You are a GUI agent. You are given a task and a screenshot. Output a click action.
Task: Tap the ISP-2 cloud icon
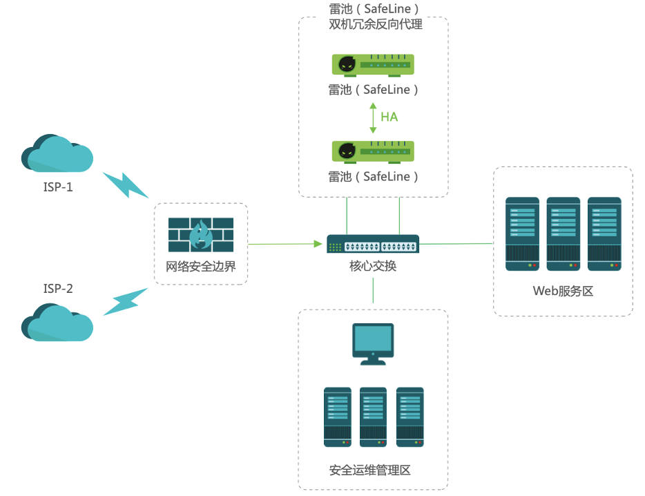point(57,323)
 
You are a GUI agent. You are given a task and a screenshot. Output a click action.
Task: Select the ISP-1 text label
point(58,187)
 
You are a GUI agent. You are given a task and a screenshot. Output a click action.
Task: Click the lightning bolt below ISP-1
point(126,185)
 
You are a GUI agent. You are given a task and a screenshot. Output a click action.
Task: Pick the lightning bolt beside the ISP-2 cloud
point(126,302)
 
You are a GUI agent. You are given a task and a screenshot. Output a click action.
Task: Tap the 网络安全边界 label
point(201,266)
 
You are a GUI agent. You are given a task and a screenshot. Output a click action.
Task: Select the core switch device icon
point(373,244)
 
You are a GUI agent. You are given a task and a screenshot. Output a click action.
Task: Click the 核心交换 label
point(373,266)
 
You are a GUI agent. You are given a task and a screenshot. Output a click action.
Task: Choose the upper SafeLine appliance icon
point(373,65)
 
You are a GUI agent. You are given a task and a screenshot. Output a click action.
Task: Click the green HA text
point(389,117)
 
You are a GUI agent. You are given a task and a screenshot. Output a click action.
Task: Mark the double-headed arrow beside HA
point(373,117)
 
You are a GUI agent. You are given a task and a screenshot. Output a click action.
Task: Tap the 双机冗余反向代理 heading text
point(376,24)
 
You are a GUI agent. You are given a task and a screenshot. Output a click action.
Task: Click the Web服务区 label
point(563,291)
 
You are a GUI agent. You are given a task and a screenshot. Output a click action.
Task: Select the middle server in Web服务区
point(563,233)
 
